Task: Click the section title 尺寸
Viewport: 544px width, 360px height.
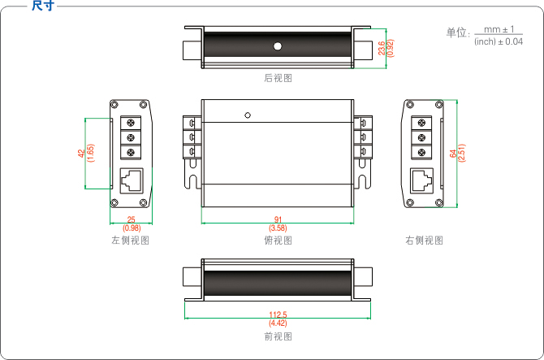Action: (43, 7)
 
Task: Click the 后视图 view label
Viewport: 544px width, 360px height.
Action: (277, 78)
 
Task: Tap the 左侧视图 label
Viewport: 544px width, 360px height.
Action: (130, 241)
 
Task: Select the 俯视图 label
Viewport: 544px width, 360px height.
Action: (277, 241)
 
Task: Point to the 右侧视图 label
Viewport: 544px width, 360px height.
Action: (424, 241)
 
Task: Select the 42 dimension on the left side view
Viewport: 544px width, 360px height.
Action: (80, 153)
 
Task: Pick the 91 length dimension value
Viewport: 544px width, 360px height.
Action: (277, 220)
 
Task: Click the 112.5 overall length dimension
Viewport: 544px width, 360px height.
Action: (277, 314)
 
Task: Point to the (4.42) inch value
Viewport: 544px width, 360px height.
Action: (277, 323)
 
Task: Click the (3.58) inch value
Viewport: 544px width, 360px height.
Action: (277, 228)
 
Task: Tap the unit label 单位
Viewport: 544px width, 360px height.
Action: (457, 33)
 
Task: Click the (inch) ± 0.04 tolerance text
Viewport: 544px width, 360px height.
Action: (498, 41)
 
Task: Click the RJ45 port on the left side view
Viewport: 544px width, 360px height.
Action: (130, 180)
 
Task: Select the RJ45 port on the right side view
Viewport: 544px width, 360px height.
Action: (421, 180)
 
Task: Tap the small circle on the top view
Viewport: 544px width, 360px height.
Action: (248, 115)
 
